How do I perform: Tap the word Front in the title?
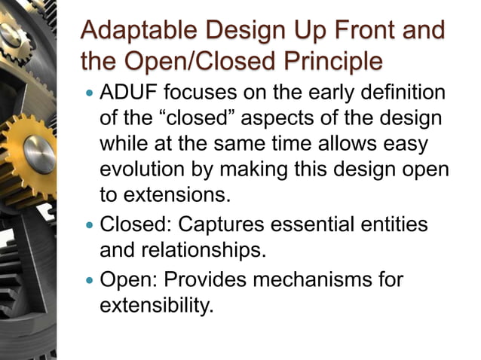(x=359, y=32)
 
